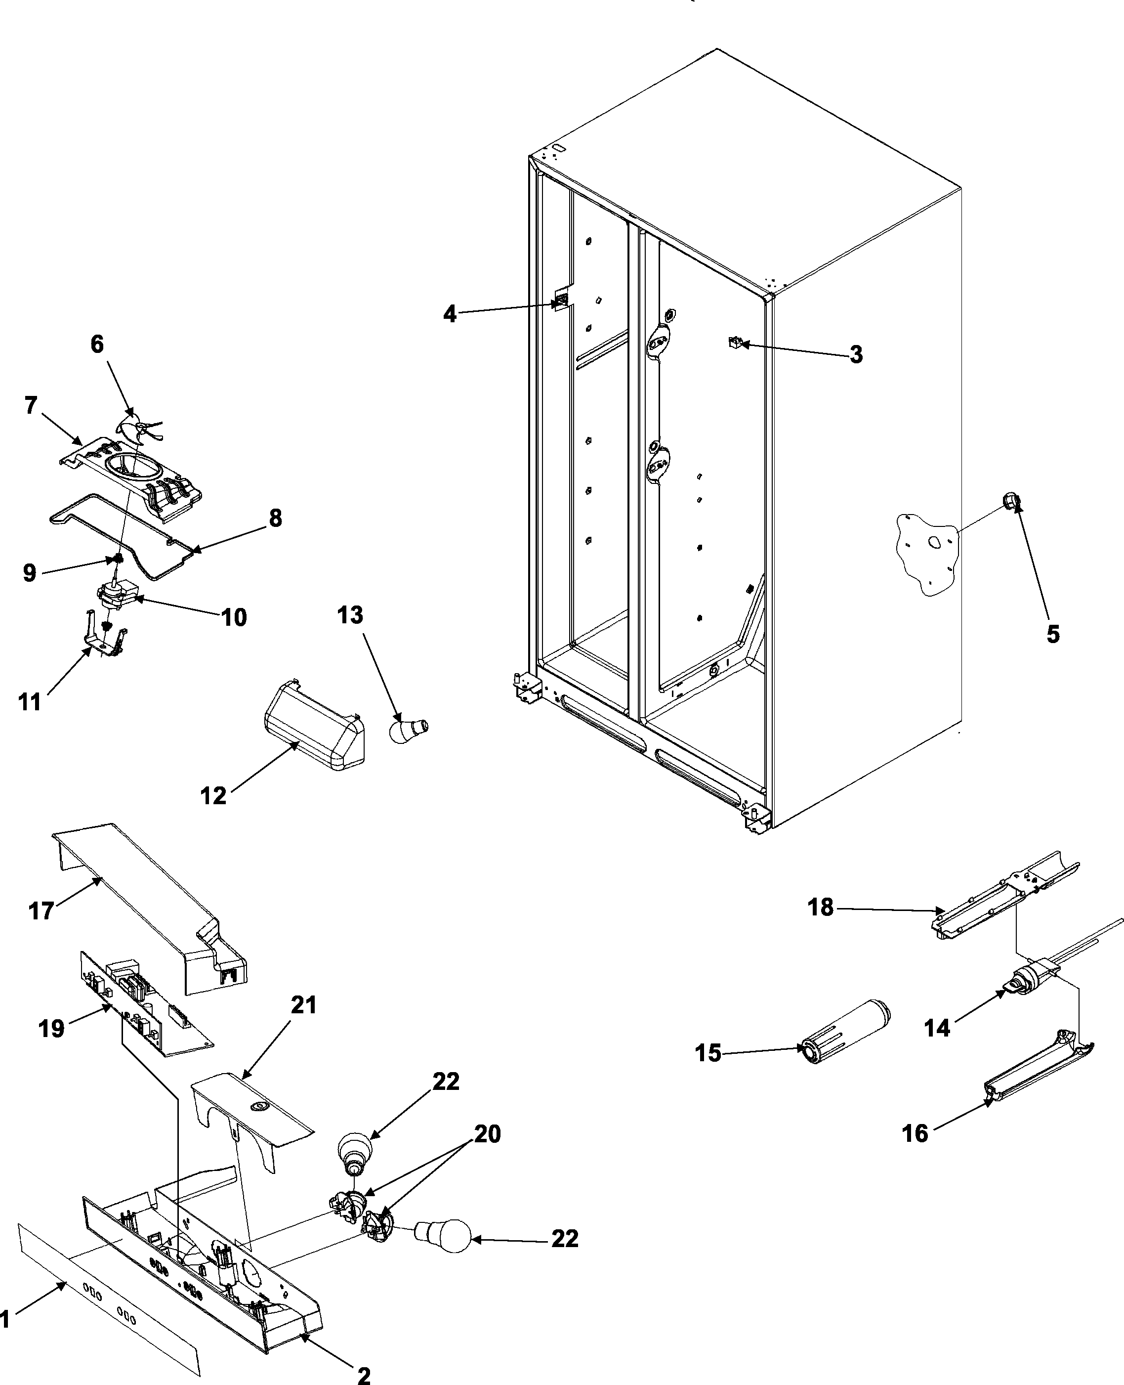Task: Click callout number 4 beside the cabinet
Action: click(x=449, y=314)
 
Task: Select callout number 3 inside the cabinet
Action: click(x=856, y=354)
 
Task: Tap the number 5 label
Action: click(x=1053, y=634)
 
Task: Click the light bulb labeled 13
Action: click(x=407, y=730)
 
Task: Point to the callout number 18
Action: click(x=820, y=907)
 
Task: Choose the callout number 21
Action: click(x=303, y=1005)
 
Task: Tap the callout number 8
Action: click(x=275, y=518)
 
